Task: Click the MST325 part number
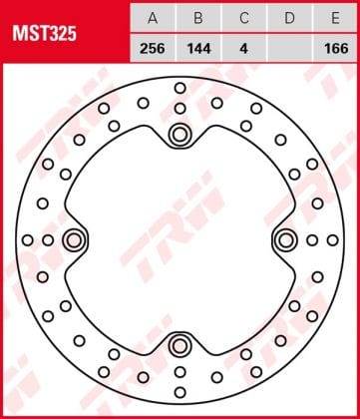coord(45,34)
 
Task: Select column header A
coord(153,19)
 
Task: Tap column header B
coord(198,19)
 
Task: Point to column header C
coord(244,19)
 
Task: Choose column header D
coord(290,19)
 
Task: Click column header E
coord(335,19)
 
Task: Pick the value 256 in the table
coord(153,49)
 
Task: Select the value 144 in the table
coord(198,49)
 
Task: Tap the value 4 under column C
coord(244,49)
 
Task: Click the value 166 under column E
coord(336,49)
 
